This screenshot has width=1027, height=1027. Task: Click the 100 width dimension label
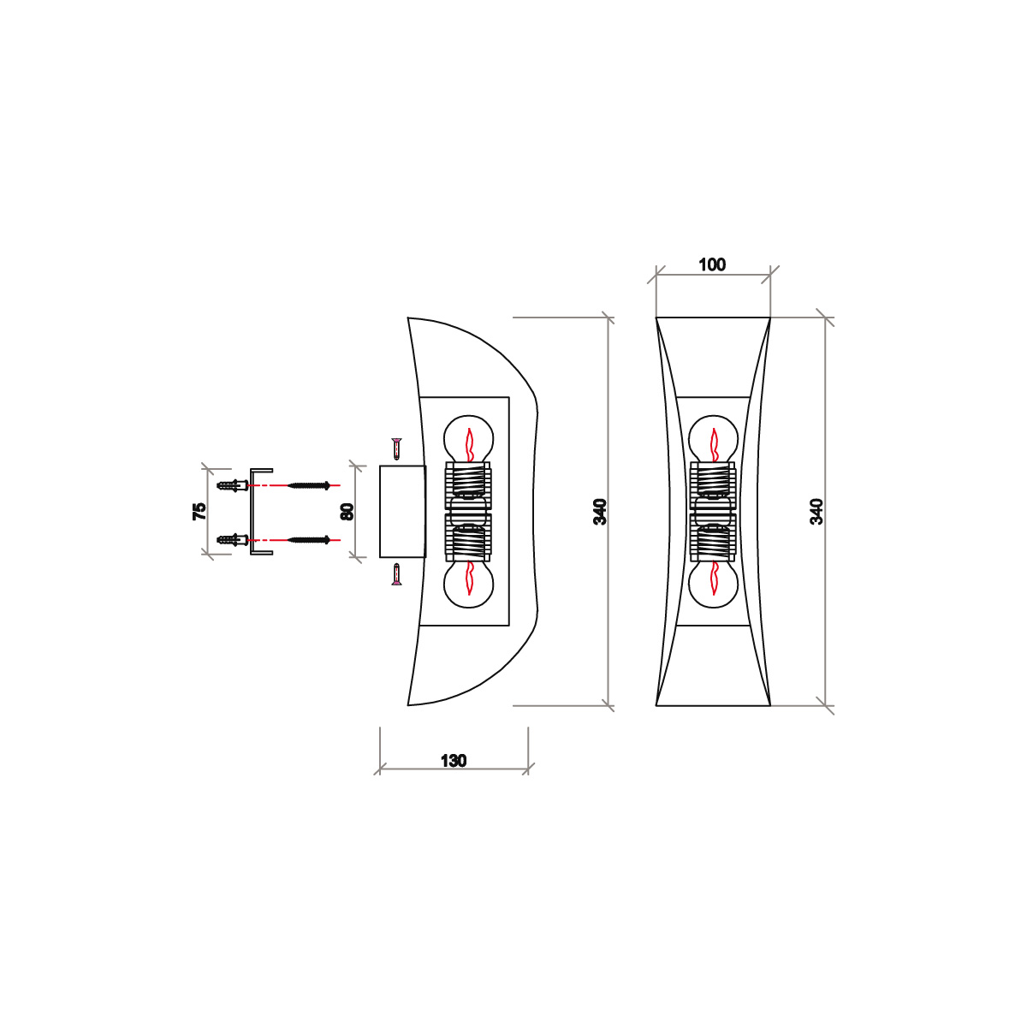712,264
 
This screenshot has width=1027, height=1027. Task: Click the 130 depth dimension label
454,760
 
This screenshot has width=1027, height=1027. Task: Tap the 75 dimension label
199,511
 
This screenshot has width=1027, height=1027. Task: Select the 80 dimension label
347,511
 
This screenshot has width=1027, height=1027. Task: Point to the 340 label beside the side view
600,511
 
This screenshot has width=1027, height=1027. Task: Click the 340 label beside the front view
816,511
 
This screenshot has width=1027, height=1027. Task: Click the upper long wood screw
309,485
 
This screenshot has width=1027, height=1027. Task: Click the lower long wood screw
309,539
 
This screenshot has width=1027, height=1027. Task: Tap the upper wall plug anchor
233,485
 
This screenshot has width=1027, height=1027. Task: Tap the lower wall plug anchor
233,539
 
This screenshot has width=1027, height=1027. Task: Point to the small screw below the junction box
395,574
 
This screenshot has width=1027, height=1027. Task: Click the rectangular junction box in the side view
402,511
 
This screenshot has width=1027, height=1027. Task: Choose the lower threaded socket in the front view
712,543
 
